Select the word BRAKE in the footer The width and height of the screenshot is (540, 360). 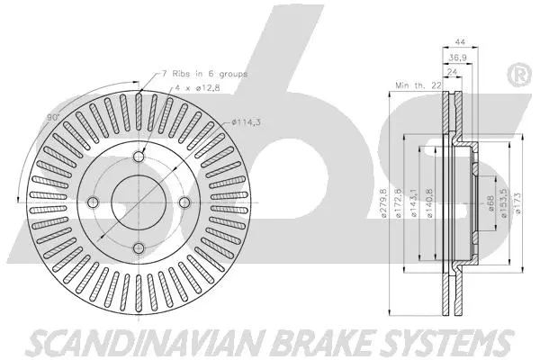click(x=295, y=342)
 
